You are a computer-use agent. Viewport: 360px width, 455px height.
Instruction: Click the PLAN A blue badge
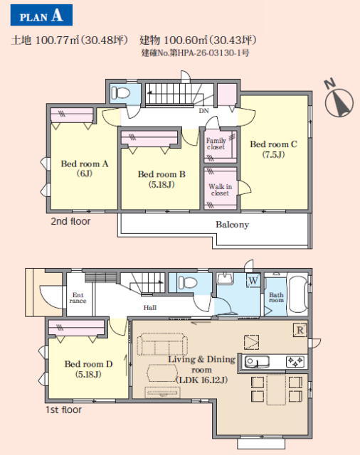click(41, 15)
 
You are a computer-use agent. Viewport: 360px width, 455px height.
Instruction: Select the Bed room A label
click(85, 168)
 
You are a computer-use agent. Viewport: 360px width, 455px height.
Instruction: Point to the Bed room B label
click(162, 179)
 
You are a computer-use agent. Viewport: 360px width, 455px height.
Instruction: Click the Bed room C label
click(273, 149)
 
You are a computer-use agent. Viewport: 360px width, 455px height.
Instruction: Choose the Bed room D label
click(88, 369)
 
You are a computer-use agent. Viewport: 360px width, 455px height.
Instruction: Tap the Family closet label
click(216, 144)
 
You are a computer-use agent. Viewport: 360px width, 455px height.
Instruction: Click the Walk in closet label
click(220, 190)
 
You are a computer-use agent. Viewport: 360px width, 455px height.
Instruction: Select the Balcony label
click(232, 225)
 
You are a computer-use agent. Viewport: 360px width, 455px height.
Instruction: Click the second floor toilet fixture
click(120, 93)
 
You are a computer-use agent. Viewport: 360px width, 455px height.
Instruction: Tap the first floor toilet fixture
click(188, 282)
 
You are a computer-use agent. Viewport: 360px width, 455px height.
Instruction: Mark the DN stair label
click(203, 111)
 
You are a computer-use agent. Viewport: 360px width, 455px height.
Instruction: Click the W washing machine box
click(253, 281)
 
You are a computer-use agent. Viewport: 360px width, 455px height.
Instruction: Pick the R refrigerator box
click(300, 330)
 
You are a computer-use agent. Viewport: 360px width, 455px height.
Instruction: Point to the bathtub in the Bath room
click(297, 295)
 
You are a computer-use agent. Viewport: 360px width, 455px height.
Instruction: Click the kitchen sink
click(257, 362)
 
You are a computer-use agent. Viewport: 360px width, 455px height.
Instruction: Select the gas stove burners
click(295, 362)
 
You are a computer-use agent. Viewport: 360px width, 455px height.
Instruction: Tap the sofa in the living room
click(162, 344)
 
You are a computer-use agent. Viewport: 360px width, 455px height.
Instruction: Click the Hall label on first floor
click(150, 308)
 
